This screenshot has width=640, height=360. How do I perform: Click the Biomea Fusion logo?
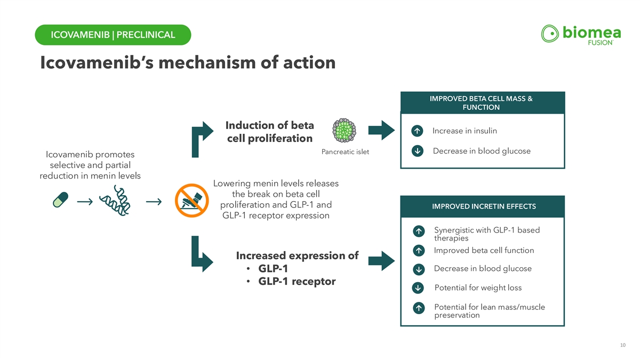580,35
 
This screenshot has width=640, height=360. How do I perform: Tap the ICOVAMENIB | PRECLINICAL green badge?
113,35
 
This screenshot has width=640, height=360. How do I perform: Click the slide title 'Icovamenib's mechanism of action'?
188,63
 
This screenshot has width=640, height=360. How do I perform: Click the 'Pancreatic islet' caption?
345,153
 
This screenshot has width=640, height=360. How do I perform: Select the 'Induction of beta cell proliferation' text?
269,132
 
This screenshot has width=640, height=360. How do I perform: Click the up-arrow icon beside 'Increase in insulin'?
419,131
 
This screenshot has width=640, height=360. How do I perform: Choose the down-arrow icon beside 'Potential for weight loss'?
419,289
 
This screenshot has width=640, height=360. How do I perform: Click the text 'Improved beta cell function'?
484,251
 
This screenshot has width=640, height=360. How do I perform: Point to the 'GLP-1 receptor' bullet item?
296,281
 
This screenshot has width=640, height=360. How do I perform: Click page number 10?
623,346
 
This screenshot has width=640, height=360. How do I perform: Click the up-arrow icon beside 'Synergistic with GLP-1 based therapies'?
419,231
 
